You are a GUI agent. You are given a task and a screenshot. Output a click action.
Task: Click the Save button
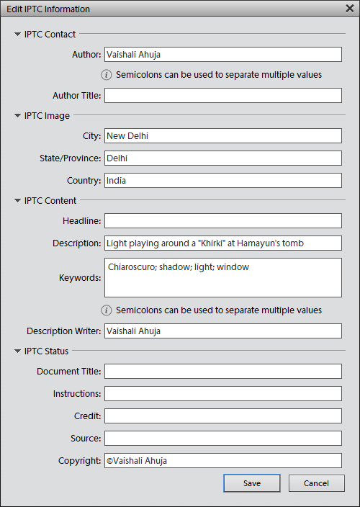[251, 483]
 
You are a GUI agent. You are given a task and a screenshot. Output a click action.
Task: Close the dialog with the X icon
[349, 9]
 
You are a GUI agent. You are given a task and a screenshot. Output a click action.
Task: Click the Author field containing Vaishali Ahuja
[222, 54]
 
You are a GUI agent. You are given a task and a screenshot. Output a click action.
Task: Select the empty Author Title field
[222, 95]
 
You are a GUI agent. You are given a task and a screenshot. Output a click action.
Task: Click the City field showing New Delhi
[222, 135]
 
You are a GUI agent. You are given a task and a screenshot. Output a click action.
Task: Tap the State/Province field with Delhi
[222, 158]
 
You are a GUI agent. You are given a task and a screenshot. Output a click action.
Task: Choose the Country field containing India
[222, 180]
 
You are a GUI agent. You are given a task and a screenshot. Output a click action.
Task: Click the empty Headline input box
[222, 220]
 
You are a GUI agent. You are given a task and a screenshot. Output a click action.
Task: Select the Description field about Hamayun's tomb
[222, 243]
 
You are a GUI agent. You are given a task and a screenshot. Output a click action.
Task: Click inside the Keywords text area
[222, 277]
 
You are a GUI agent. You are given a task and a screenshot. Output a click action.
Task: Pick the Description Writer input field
[222, 331]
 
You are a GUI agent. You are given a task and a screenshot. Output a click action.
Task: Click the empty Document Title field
[222, 371]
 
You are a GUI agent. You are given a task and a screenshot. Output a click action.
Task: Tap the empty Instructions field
[222, 393]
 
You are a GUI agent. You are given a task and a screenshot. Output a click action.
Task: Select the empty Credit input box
[222, 416]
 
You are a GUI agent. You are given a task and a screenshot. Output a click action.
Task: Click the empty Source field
[222, 438]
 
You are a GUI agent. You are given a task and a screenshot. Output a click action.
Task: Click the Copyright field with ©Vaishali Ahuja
[222, 460]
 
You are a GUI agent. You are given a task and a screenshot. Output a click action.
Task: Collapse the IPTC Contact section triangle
[17, 34]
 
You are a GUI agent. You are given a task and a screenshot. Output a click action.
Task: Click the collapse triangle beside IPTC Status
[17, 351]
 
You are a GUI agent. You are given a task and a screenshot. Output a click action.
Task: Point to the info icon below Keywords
[107, 310]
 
